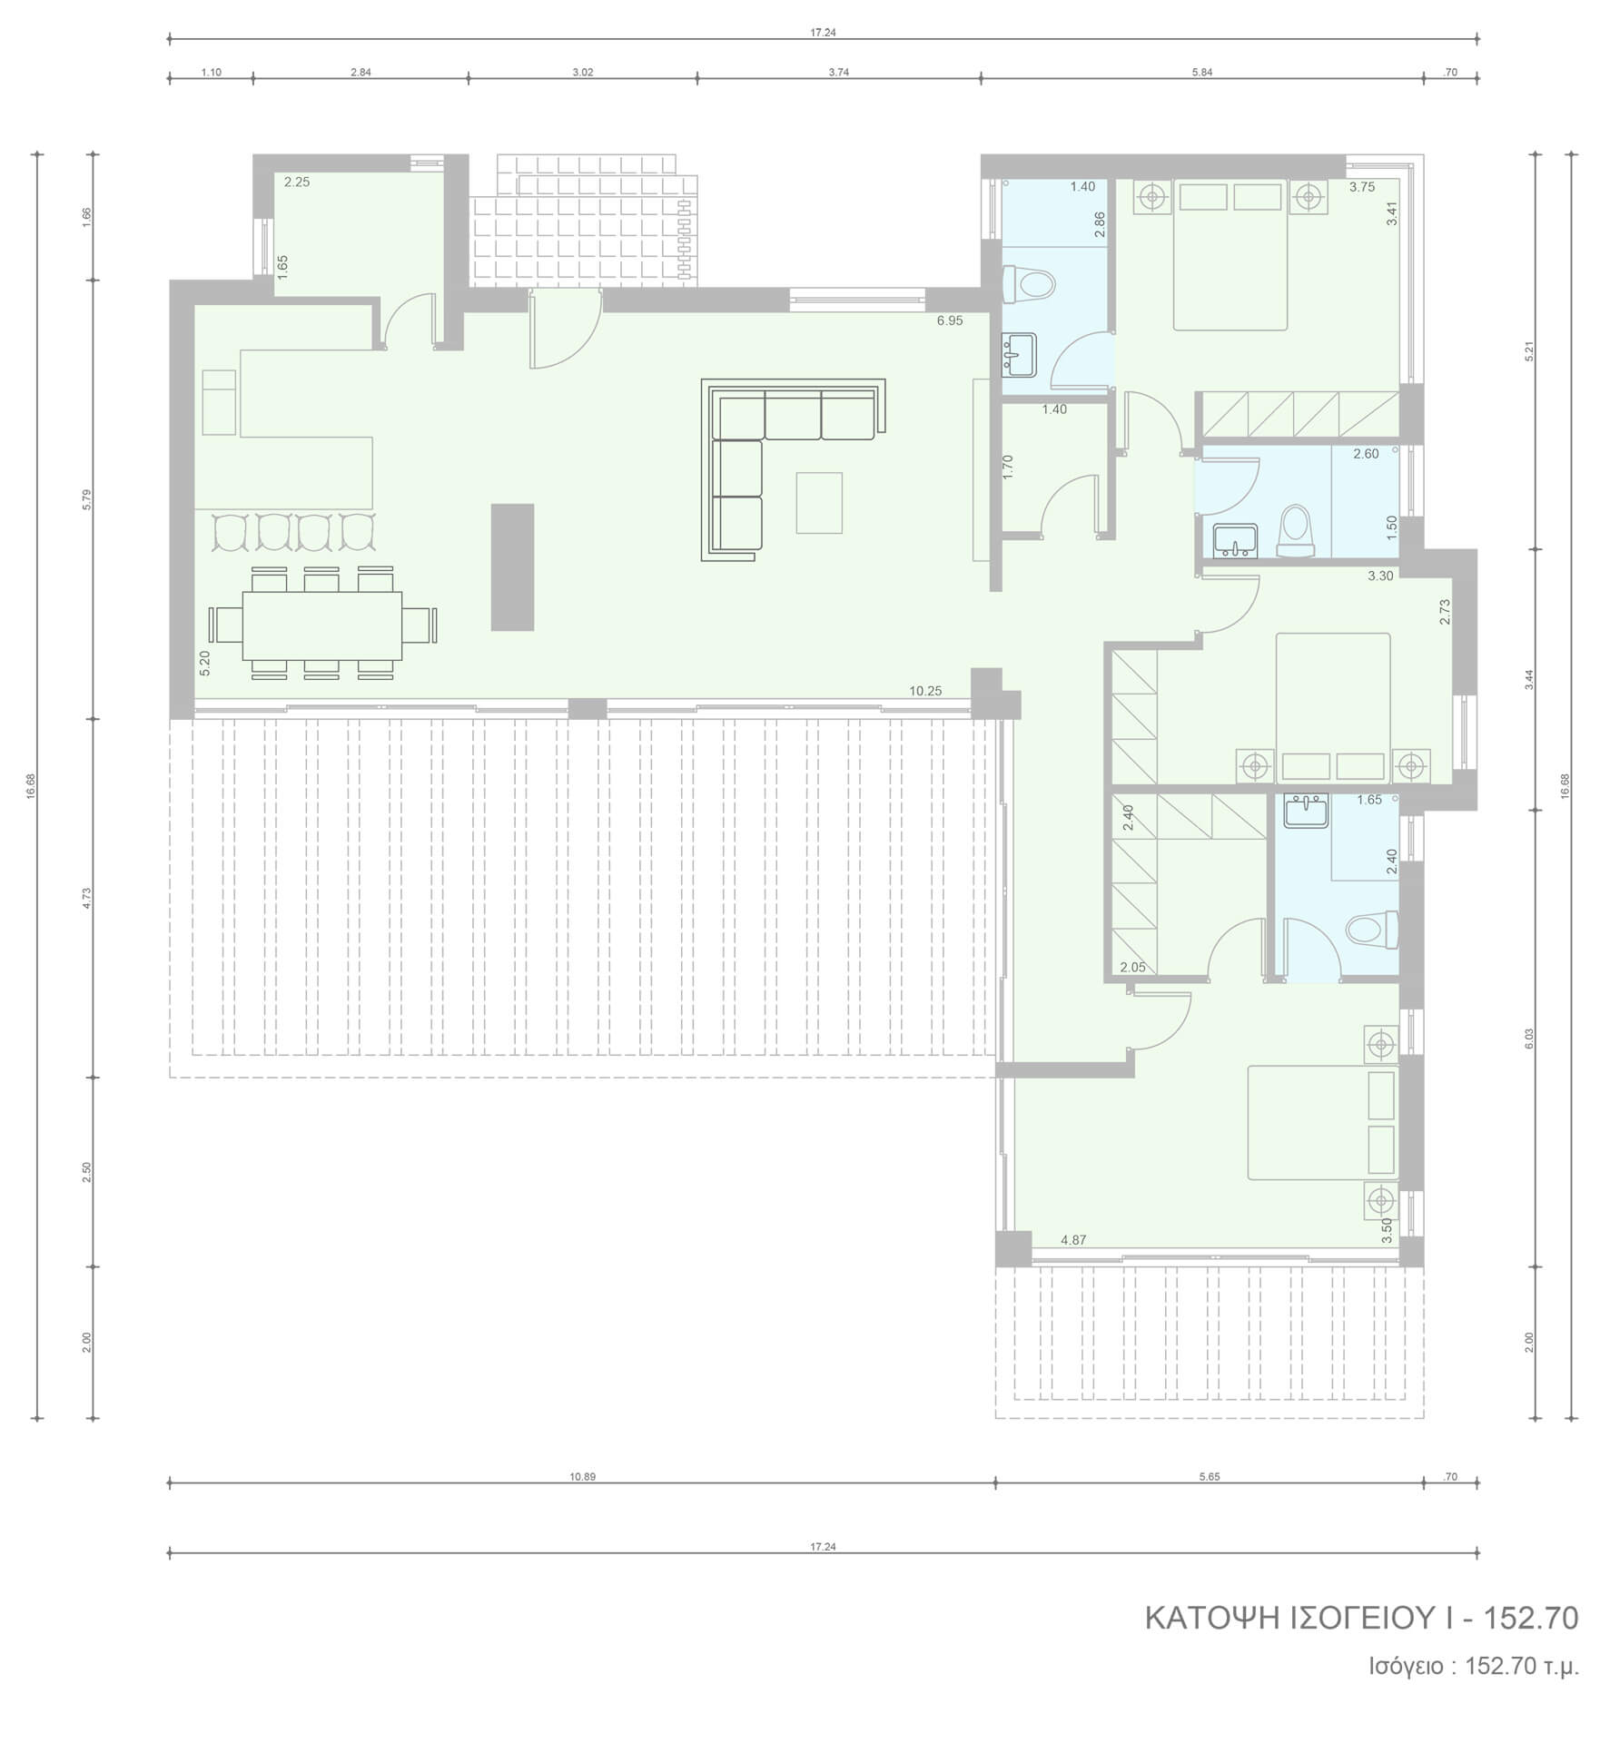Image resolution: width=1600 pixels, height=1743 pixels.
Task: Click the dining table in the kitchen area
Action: point(322,625)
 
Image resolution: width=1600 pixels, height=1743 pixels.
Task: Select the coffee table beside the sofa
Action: point(819,502)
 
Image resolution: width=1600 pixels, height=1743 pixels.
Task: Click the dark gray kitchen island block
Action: point(512,566)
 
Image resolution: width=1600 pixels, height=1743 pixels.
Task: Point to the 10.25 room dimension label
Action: point(925,691)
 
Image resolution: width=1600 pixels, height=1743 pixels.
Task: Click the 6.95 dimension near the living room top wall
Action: point(950,320)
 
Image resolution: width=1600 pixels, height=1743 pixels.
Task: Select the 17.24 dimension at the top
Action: point(823,33)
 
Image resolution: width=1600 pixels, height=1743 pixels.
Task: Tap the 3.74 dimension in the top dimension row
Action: point(839,73)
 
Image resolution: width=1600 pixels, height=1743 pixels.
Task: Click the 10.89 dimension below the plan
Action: point(582,1477)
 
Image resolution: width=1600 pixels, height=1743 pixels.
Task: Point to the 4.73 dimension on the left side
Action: point(86,899)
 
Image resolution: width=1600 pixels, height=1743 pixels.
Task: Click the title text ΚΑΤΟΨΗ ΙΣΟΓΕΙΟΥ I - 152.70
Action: point(1361,1618)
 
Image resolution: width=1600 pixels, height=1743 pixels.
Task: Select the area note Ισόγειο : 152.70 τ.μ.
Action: point(1475,1666)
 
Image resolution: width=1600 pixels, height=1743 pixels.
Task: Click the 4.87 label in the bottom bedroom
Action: point(1073,1240)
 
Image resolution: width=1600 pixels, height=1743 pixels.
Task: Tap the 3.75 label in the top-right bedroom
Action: point(1362,187)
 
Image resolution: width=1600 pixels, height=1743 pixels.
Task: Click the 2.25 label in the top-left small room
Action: point(297,182)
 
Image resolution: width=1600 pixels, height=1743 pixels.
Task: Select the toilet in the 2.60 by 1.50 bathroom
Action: point(1296,532)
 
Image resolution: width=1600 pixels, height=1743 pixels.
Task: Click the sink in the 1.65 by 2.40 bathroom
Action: point(1306,810)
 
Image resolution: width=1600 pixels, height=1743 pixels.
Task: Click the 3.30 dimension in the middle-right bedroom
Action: point(1380,576)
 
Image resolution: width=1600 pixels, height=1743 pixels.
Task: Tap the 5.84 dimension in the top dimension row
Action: point(1201,73)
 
